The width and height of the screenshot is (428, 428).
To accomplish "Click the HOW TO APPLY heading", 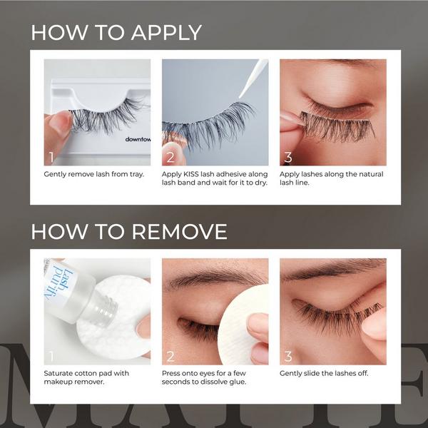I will [116, 33].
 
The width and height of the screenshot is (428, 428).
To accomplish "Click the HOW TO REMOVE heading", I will [129, 232].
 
